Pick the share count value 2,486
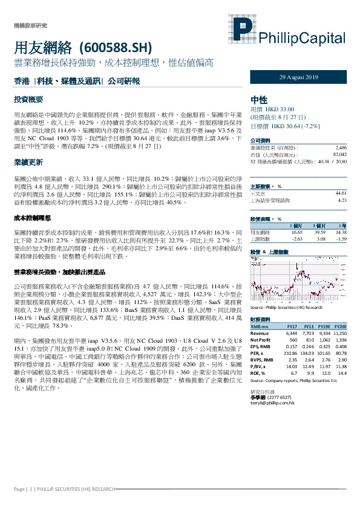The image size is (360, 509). (341, 148)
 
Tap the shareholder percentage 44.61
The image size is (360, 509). (341, 192)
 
